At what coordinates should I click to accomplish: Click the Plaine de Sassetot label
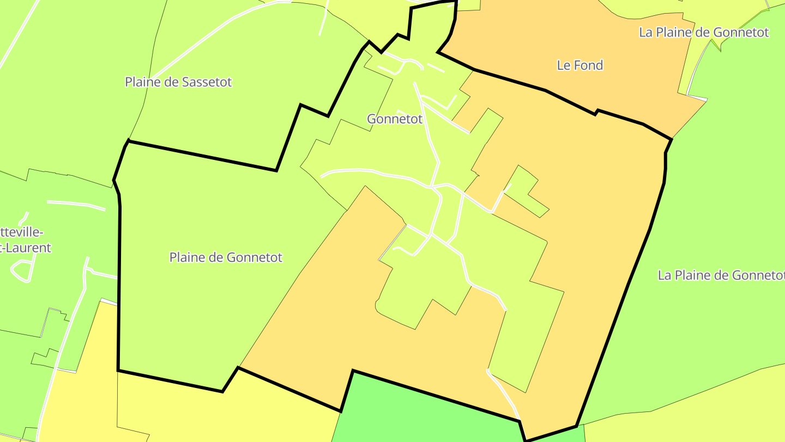pos(178,82)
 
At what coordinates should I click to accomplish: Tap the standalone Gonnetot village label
pos(395,118)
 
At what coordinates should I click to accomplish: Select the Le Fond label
pos(580,65)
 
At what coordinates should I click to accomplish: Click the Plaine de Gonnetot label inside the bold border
pos(226,257)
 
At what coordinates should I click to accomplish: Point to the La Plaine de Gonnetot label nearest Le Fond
pos(703,32)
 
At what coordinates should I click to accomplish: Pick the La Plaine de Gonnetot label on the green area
pos(721,275)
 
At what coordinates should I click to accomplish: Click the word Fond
pos(588,65)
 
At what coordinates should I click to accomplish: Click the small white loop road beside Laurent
pos(22,270)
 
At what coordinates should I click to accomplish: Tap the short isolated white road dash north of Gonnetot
pos(436,68)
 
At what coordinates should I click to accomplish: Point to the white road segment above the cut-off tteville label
pos(76,204)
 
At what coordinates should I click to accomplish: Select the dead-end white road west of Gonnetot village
pos(349,171)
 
